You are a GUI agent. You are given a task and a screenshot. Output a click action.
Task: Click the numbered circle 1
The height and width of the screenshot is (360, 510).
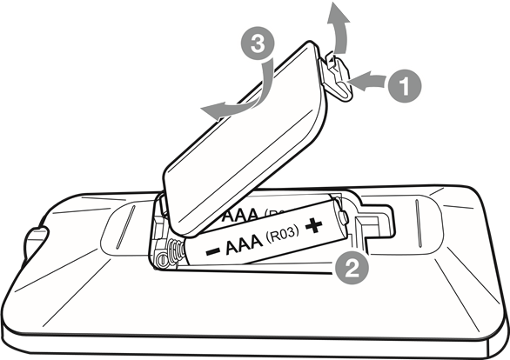pyautogui.click(x=405, y=86)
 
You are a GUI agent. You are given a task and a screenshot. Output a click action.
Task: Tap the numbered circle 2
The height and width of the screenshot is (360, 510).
pyautogui.click(x=352, y=268)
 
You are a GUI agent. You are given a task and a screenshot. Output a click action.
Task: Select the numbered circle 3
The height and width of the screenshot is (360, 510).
pyautogui.click(x=258, y=43)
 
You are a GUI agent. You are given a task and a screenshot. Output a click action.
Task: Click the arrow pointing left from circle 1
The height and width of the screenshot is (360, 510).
pyautogui.click(x=368, y=81)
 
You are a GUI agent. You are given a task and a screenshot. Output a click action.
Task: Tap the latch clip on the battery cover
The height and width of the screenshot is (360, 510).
pyautogui.click(x=337, y=77)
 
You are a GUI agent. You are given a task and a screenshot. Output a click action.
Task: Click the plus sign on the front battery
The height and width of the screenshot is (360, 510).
pyautogui.click(x=313, y=225)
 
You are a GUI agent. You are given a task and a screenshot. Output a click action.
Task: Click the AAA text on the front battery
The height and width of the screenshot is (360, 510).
pyautogui.click(x=244, y=244)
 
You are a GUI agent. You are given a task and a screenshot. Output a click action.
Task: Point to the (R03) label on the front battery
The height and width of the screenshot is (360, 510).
pyautogui.click(x=282, y=234)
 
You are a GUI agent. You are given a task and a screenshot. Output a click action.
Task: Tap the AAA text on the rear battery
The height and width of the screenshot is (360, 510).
pyautogui.click(x=241, y=215)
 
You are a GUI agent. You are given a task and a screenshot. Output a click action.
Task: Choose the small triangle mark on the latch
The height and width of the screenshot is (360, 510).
pyautogui.click(x=331, y=60)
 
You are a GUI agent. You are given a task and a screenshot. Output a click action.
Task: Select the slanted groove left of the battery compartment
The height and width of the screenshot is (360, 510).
pyautogui.click(x=125, y=227)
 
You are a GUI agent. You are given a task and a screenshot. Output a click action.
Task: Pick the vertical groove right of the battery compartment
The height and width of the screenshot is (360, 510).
pyautogui.click(x=419, y=223)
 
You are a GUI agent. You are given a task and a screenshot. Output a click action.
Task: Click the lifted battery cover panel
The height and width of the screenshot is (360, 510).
pyautogui.click(x=244, y=138)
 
